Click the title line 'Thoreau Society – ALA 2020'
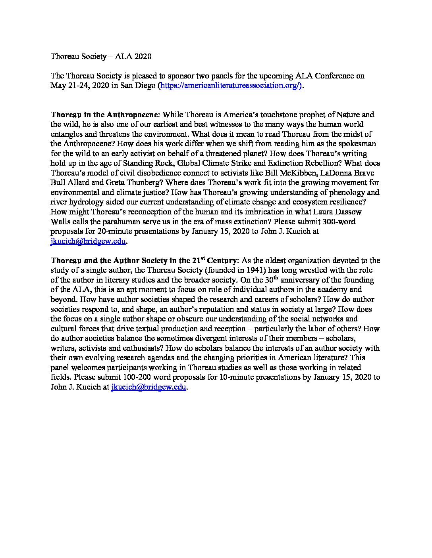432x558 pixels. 101,56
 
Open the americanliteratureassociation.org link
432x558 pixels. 230,86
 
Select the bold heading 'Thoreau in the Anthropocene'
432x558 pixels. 104,115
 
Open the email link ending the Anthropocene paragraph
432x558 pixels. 88,241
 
